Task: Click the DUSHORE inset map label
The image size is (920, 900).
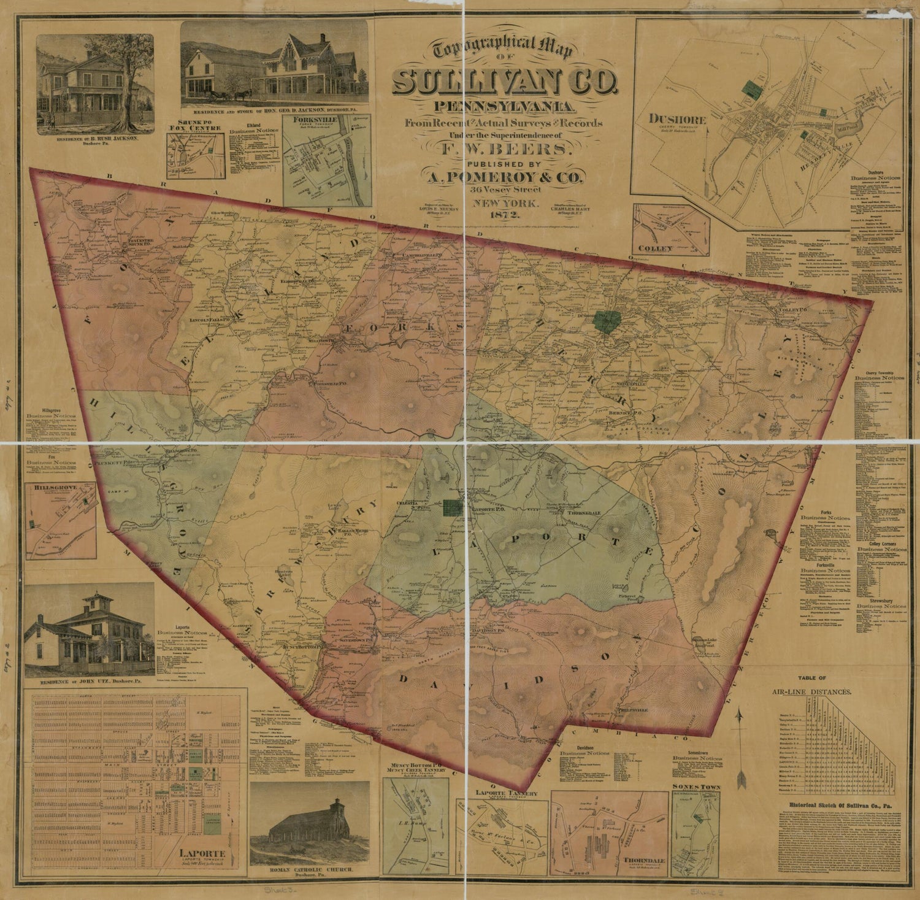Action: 679,120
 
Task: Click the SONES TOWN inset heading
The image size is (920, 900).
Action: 696,787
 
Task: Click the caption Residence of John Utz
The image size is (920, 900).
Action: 90,682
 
